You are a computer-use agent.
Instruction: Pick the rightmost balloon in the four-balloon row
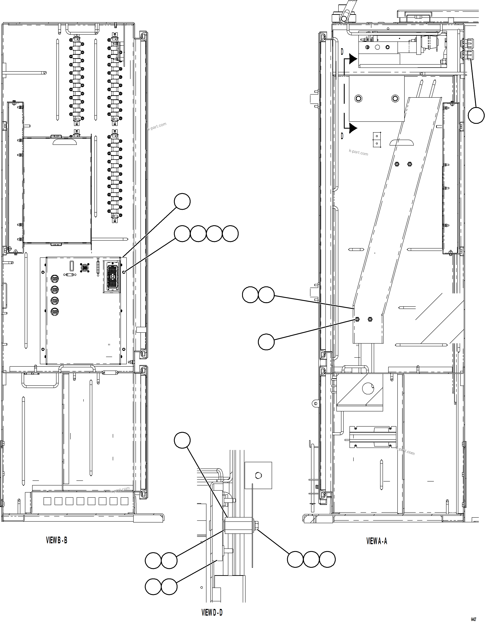(230, 234)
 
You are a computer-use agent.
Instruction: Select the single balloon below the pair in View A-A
(266, 342)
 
